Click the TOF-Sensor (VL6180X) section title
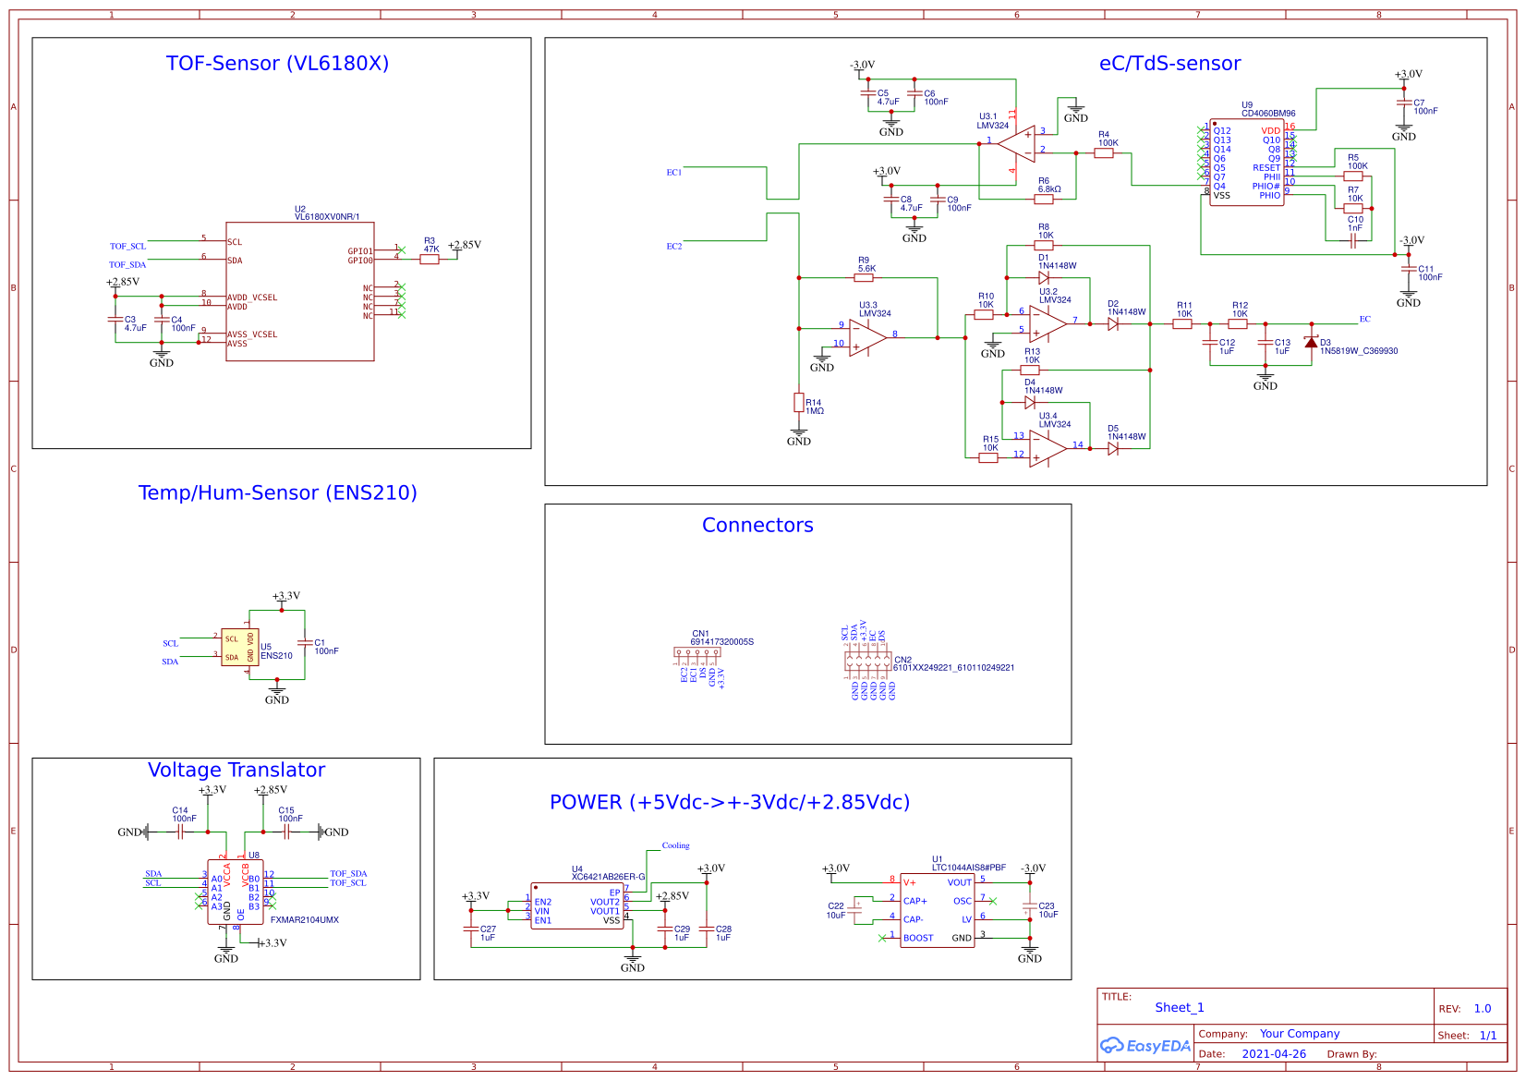pyautogui.click(x=277, y=64)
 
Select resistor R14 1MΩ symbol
pyautogui.click(x=799, y=402)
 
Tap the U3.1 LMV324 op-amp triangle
pyautogui.click(x=1017, y=144)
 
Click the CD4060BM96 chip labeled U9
pyautogui.click(x=1246, y=164)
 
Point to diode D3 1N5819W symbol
pyautogui.click(x=1311, y=342)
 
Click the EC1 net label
pyautogui.click(x=674, y=173)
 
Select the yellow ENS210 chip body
pyautogui.click(x=239, y=647)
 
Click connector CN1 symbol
pyautogui.click(x=696, y=651)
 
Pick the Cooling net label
pyautogui.click(x=675, y=845)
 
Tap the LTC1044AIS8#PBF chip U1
pyautogui.click(x=937, y=910)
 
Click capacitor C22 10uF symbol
pyautogui.click(x=858, y=910)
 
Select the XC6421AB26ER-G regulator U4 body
pyautogui.click(x=578, y=905)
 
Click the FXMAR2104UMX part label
pyautogui.click(x=304, y=920)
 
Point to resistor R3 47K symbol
pyautogui.click(x=430, y=260)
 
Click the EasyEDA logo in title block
pyautogui.click(x=1144, y=1046)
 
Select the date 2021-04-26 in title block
pyautogui.click(x=1273, y=1054)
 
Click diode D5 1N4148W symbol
pyautogui.click(x=1113, y=448)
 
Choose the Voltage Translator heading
pyautogui.click(x=236, y=771)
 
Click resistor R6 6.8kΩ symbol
pyautogui.click(x=1044, y=199)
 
